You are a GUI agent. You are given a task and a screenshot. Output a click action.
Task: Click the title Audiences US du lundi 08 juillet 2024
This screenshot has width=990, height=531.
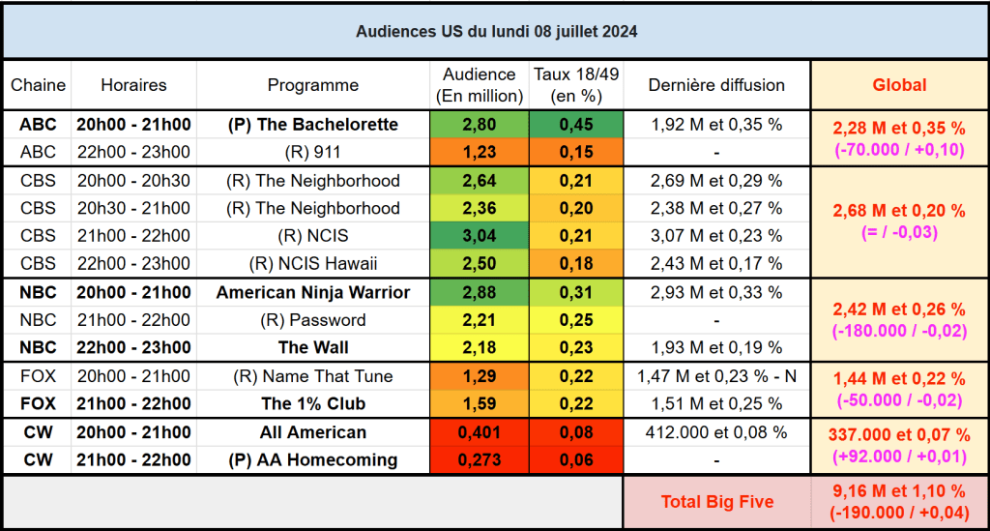(496, 31)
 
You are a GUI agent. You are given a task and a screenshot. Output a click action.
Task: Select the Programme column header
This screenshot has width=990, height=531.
(312, 85)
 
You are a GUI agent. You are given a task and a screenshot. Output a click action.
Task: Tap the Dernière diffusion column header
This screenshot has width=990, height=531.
(716, 85)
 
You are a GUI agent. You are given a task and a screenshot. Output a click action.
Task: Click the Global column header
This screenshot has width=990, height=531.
(899, 85)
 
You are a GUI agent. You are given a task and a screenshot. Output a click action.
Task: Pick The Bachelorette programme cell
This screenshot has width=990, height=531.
(312, 125)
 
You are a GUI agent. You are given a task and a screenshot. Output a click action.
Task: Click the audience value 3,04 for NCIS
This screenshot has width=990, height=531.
(479, 236)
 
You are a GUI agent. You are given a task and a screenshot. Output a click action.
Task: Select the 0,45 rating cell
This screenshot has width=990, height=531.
(576, 125)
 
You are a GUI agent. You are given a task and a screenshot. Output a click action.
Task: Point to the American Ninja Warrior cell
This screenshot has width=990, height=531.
(312, 293)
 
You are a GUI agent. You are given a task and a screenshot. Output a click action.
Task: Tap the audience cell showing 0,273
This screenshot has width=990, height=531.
(479, 460)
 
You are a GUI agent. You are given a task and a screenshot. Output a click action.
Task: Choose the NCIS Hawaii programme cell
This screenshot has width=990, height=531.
(312, 264)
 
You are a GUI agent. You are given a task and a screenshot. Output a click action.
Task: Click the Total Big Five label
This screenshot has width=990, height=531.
(716, 501)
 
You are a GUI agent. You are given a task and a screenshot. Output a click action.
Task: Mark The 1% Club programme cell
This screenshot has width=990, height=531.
(312, 404)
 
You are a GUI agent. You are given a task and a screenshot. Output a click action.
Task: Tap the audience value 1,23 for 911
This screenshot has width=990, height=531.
(479, 152)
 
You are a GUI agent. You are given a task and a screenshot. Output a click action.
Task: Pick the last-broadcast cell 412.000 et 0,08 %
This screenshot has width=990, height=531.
(716, 432)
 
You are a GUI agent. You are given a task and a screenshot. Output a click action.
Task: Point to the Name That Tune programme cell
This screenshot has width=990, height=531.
(312, 376)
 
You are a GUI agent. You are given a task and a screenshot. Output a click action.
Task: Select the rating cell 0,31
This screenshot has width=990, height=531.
(576, 293)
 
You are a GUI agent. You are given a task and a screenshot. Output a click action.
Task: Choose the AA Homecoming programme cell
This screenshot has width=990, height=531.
(312, 460)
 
